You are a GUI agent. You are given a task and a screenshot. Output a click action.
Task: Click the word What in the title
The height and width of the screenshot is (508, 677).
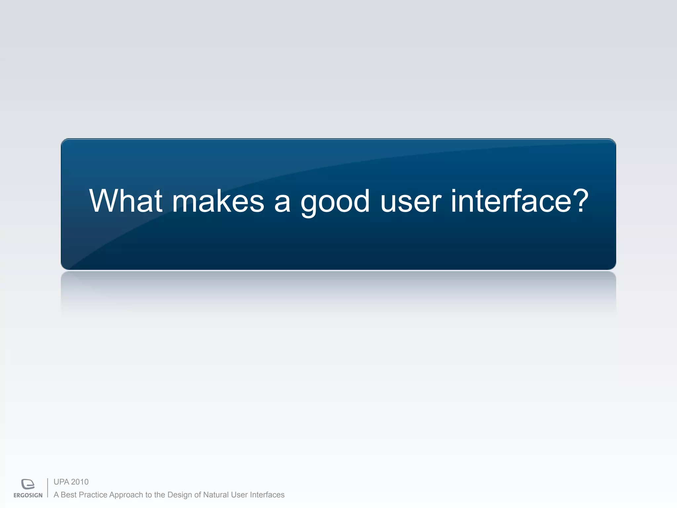(x=126, y=201)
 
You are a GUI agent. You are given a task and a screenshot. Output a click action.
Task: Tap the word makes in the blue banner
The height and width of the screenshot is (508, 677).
(x=218, y=201)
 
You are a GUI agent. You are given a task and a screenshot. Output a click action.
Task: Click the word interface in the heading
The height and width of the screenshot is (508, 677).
(x=511, y=201)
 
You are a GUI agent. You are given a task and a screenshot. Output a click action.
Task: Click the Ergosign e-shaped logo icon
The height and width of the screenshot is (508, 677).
(x=28, y=484)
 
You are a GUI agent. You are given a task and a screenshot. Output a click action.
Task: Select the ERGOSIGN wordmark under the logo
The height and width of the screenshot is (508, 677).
(x=28, y=495)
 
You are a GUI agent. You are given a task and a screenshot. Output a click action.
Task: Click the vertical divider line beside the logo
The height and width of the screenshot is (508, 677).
(x=48, y=488)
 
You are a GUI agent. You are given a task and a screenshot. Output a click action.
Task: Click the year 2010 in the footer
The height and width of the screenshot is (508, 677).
(x=80, y=482)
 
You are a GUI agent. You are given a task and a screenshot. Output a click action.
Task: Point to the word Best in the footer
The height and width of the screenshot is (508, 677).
(x=69, y=495)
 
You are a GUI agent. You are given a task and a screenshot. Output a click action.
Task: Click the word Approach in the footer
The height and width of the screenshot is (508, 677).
(x=126, y=495)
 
